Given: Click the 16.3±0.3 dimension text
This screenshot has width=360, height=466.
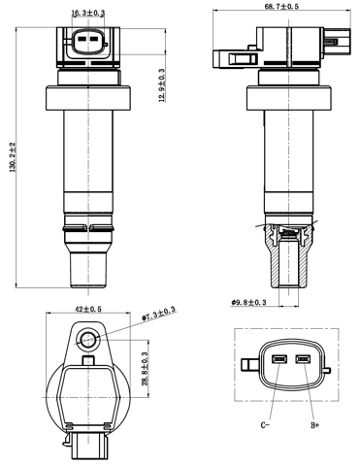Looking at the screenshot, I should click(x=88, y=13).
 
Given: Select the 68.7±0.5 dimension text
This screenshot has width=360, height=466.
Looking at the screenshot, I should click(x=281, y=7).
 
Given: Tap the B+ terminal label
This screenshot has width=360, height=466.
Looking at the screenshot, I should click(x=313, y=424).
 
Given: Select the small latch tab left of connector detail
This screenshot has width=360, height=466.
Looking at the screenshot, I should click(x=247, y=364).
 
